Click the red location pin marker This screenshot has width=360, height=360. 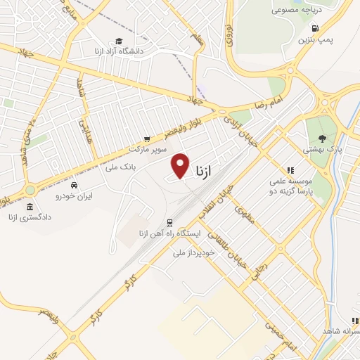point(181,166)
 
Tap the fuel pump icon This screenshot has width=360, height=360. point(314,29)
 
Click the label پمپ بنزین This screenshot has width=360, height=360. point(314,40)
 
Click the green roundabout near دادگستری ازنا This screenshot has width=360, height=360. point(30,190)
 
